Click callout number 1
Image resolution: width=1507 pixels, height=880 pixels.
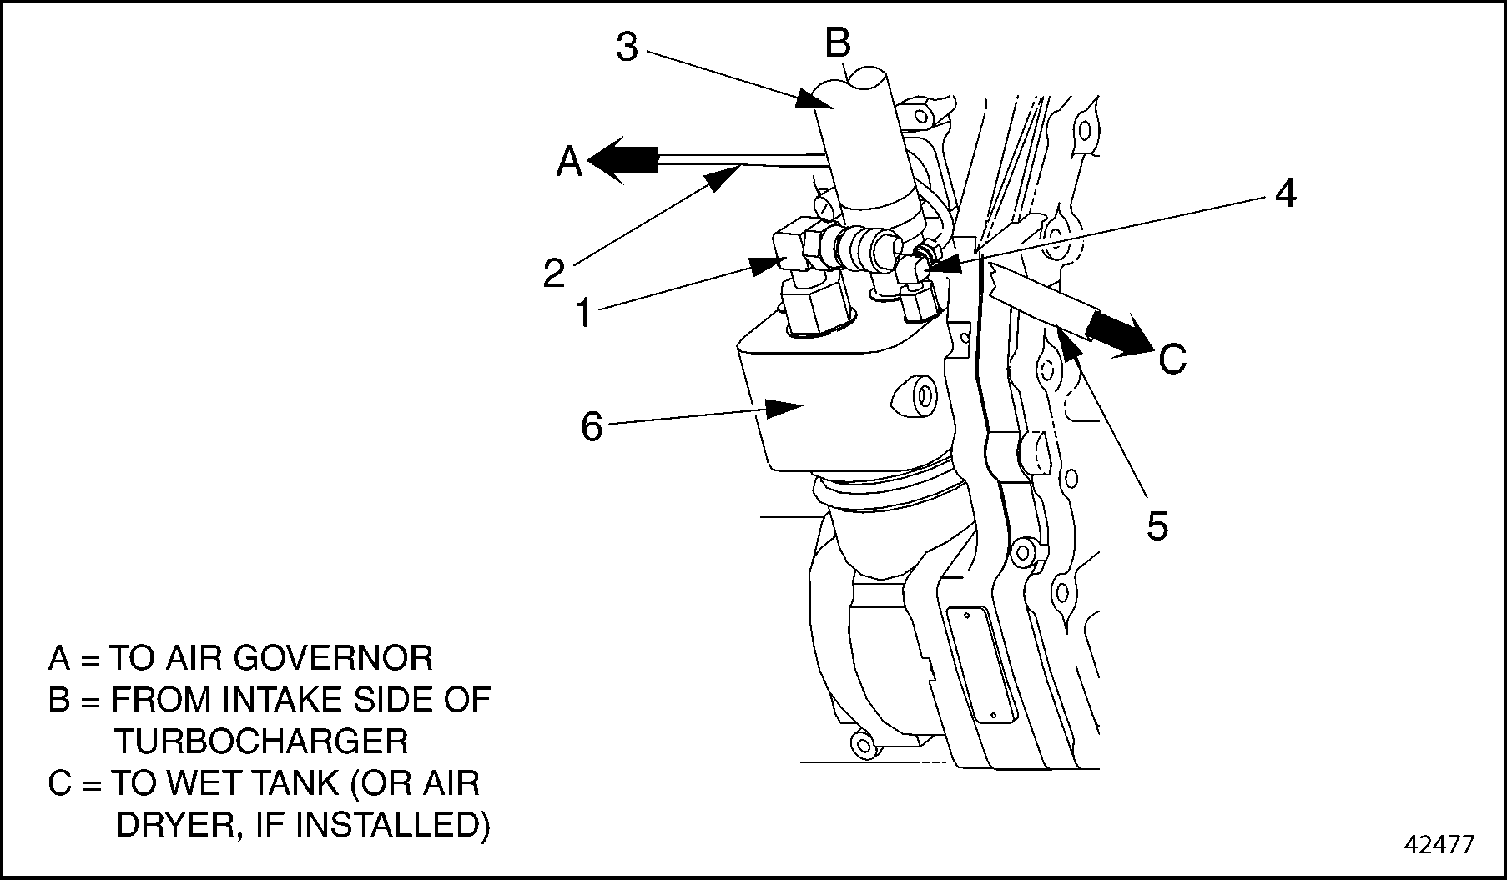click(583, 314)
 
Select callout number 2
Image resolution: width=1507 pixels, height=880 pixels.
click(553, 273)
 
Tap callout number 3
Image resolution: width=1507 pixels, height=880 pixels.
click(627, 48)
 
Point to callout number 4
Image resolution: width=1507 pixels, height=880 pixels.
click(1285, 194)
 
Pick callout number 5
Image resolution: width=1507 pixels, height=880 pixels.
click(1157, 525)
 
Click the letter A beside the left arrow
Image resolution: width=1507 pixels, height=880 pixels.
click(569, 162)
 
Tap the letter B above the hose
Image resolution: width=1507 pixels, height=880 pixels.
click(837, 43)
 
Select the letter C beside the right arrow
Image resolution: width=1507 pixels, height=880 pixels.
click(1172, 360)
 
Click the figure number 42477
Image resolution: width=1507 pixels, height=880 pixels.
click(1439, 845)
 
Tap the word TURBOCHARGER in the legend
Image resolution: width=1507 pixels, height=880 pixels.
click(261, 741)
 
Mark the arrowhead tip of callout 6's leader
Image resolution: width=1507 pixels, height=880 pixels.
click(800, 406)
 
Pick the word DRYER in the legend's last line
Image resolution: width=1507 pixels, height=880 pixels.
click(169, 825)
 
